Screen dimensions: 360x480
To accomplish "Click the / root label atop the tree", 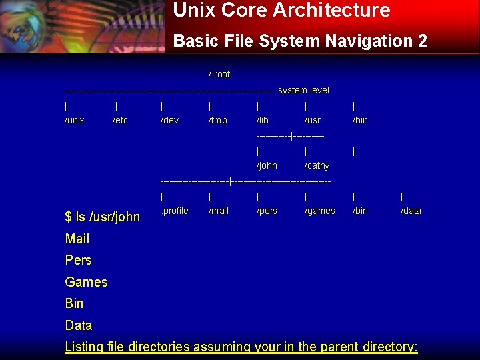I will (219, 74).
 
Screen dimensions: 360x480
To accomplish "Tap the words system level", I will (303, 90).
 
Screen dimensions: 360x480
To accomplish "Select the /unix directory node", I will (75, 120).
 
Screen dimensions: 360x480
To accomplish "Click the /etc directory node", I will (120, 120).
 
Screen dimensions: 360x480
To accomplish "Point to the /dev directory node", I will (169, 120).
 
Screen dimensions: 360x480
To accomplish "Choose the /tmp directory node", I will (217, 120).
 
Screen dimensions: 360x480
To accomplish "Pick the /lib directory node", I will (263, 120).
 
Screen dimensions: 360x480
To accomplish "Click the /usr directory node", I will (312, 120).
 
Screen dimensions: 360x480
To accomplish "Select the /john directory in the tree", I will (267, 165).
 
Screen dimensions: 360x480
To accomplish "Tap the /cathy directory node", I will (317, 165).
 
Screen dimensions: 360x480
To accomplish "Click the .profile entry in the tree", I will (175, 211).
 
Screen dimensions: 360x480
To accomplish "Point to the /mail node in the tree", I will (219, 211).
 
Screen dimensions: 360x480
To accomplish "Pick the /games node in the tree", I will (319, 211).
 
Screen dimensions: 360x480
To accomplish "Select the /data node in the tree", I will (411, 211).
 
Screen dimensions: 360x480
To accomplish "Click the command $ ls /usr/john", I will (103, 217).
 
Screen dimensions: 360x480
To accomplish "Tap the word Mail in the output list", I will (77, 239).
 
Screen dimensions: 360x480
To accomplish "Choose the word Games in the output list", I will (86, 282).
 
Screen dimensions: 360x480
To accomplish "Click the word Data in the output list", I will (79, 325).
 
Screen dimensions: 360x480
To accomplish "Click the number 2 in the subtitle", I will (422, 41).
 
